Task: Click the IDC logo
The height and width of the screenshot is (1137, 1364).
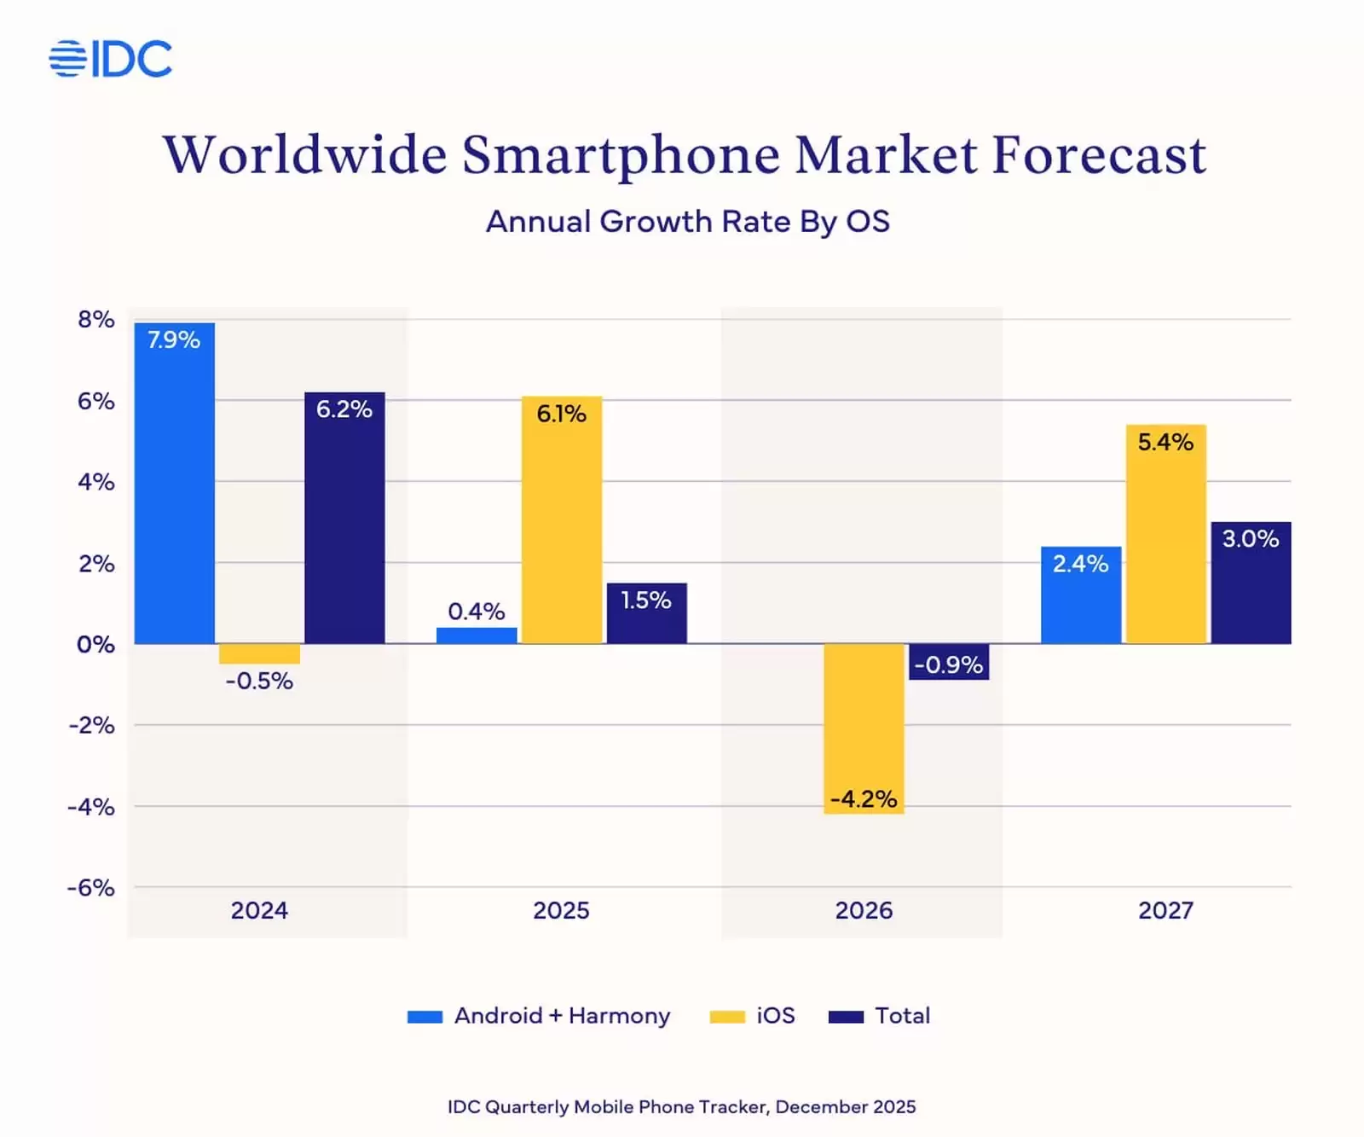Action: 111,59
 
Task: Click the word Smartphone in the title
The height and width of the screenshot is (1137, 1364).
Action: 621,155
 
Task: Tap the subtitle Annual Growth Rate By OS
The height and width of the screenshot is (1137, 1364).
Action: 687,222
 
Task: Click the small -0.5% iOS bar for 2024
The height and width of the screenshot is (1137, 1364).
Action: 259,653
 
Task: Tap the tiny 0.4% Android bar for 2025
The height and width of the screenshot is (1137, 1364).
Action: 477,635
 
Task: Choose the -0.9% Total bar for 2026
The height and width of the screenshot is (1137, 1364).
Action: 948,662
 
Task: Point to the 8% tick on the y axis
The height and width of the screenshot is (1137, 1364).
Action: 95,320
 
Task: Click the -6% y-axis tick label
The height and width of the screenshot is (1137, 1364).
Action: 91,888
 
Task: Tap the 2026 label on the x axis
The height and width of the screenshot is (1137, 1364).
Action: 864,910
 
